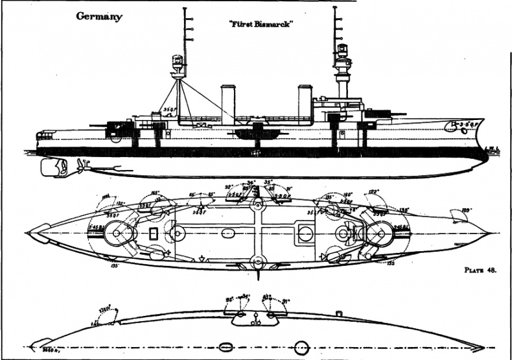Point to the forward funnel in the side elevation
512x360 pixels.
pos(305,101)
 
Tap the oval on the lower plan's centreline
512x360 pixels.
pos(226,344)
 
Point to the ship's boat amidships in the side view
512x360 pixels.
pos(256,133)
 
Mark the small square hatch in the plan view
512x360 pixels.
pos(153,233)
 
